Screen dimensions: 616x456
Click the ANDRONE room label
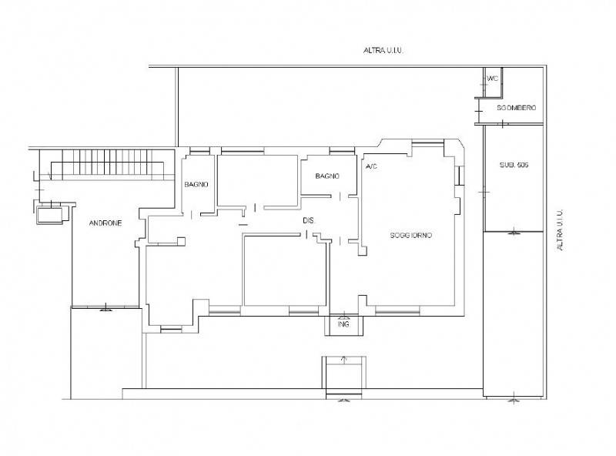tap(105, 223)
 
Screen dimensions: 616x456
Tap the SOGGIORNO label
tap(411, 235)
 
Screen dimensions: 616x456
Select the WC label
tap(492, 79)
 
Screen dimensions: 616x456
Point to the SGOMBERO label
tap(516, 108)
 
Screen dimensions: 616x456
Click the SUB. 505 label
tap(514, 165)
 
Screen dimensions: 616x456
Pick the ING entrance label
tap(343, 324)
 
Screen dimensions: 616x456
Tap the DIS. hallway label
tap(309, 221)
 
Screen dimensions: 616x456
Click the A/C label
tap(371, 166)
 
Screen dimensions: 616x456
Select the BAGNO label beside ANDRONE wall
tap(196, 184)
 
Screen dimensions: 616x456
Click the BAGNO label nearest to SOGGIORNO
tap(327, 176)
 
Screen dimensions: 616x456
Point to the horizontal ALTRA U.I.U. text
tap(383, 50)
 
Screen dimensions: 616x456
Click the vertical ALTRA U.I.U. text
tap(561, 230)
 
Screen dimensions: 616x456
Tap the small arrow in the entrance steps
tap(343, 359)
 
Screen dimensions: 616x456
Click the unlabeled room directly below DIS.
tap(285, 270)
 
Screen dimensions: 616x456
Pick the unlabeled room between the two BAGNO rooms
tap(257, 180)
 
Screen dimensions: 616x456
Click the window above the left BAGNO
tap(199, 151)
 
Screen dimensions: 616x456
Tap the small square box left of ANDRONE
tap(49, 215)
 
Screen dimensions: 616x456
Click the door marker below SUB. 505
tap(514, 233)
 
